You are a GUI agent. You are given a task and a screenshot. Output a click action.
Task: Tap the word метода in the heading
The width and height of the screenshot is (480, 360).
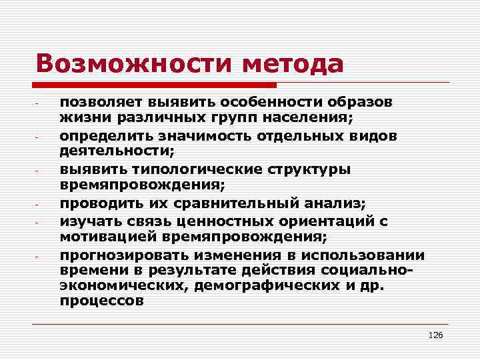[x=293, y=64]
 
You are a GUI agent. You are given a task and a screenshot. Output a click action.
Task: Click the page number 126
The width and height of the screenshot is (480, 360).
[x=435, y=335]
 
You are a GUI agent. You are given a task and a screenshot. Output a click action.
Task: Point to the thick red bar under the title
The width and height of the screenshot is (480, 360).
[x=157, y=85]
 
